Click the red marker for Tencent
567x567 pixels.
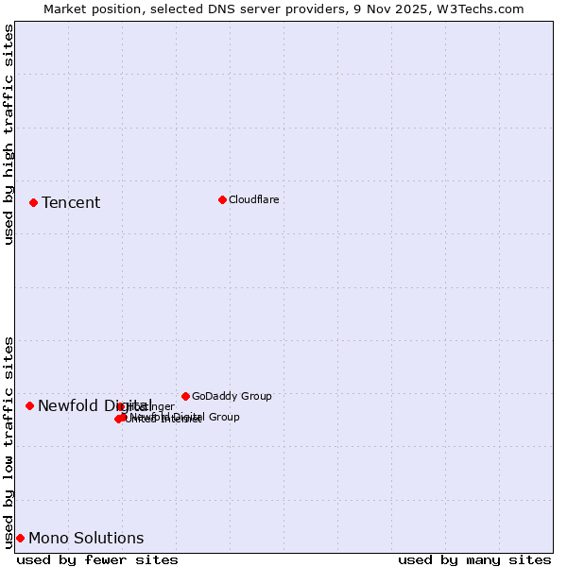[33, 202]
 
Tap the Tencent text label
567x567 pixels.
[71, 203]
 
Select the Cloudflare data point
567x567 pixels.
[222, 199]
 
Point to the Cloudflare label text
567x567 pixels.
[253, 199]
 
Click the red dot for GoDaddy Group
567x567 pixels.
[185, 396]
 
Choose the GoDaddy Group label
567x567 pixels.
[232, 397]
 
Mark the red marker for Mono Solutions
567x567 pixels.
[20, 538]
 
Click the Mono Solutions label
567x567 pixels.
[86, 539]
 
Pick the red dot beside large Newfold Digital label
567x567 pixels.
[29, 405]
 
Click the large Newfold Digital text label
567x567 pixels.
[94, 405]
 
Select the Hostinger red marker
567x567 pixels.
[121, 407]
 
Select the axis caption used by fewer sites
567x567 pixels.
[97, 559]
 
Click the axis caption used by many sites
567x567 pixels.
[474, 559]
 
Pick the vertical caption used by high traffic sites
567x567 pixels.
[9, 134]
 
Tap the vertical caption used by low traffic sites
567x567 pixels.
[9, 441]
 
